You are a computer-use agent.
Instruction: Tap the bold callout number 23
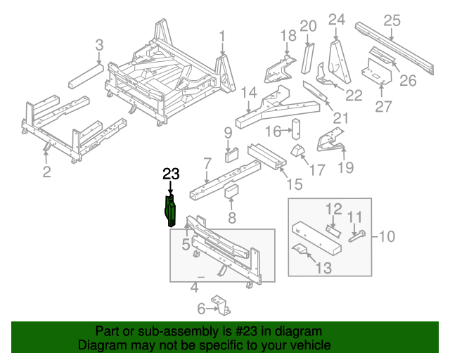coord(172,175)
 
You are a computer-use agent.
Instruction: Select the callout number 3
coord(99,45)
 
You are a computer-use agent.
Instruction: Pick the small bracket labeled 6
coord(223,306)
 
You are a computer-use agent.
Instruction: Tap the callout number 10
coord(388,236)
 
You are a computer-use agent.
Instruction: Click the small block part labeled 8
coord(233,192)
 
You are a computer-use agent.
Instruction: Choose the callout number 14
coord(248,93)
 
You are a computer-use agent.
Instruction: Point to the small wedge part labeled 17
coord(298,151)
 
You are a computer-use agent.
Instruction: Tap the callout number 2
coord(46,172)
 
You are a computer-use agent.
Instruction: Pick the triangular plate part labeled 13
coord(301,249)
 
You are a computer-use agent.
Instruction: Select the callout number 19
coord(346,167)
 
